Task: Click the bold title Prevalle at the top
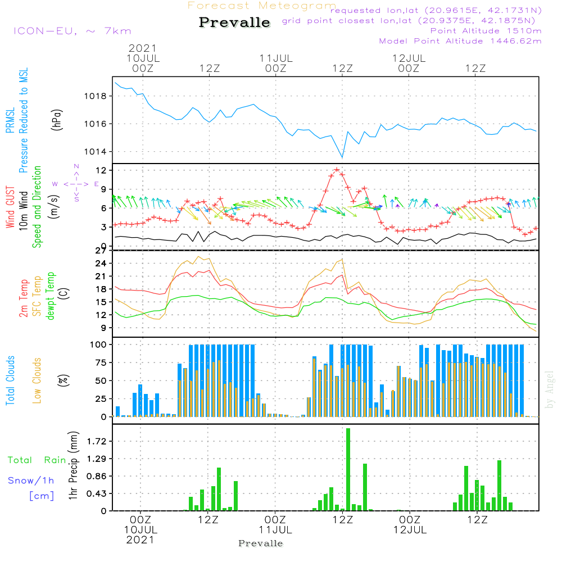point(234,23)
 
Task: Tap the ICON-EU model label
point(71,31)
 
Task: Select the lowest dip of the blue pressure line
point(342,157)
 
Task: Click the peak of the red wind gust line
point(337,169)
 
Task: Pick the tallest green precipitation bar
point(348,469)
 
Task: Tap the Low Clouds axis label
point(38,380)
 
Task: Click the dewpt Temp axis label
point(51,296)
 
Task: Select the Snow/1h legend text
point(31,481)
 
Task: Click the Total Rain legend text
point(37,460)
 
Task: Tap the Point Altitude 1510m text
point(486,30)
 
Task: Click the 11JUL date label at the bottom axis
point(275,530)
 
